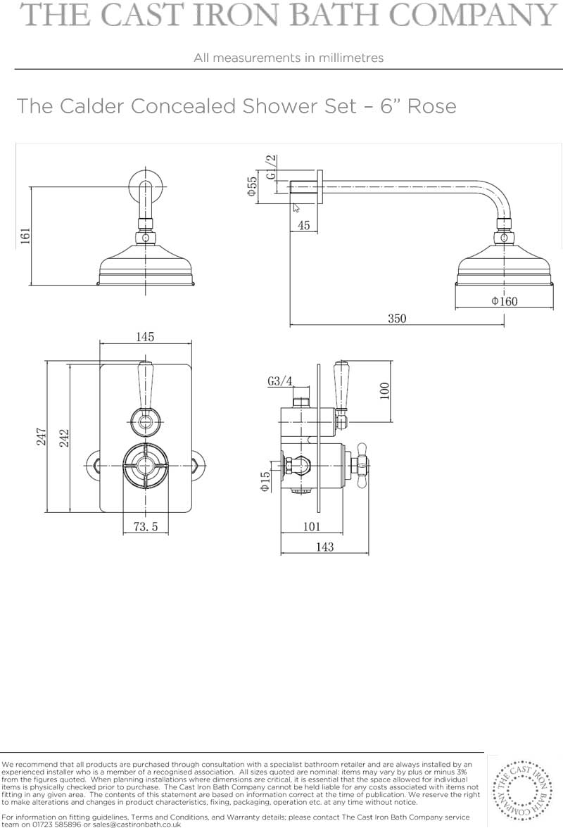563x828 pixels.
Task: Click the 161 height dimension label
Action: (25, 236)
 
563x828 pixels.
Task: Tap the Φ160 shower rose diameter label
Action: (505, 301)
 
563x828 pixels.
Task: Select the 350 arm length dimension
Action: (397, 319)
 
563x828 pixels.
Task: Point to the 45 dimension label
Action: (304, 225)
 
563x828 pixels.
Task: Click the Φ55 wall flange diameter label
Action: (252, 186)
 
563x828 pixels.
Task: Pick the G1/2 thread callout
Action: (271, 167)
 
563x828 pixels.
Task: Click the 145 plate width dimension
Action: (145, 336)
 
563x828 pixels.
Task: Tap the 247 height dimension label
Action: (42, 437)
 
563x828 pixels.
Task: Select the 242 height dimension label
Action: (64, 438)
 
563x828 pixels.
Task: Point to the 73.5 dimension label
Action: (145, 526)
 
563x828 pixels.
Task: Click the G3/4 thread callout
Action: (280, 381)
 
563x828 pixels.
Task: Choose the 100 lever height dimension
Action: (384, 390)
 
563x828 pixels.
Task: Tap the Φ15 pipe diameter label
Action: (265, 481)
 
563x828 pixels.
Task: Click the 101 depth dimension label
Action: (312, 526)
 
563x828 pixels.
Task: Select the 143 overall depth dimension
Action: (325, 547)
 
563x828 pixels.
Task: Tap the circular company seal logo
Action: (522, 790)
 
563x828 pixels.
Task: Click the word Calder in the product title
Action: (92, 106)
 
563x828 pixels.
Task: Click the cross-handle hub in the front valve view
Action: (145, 465)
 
